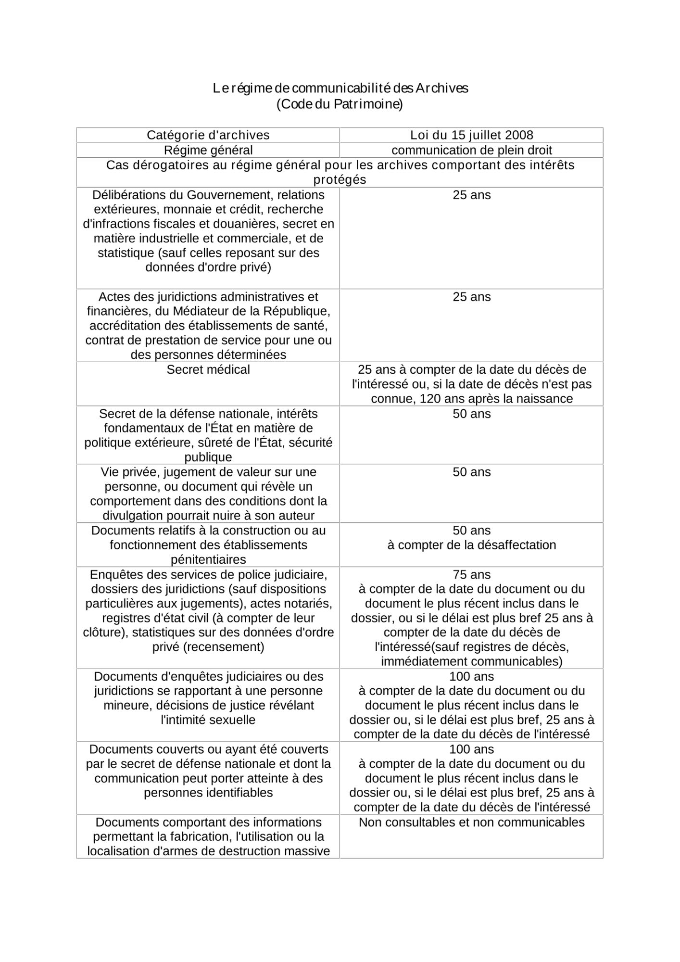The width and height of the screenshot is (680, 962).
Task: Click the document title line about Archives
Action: click(340, 89)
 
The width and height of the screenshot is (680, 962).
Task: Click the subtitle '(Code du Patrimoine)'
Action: click(340, 104)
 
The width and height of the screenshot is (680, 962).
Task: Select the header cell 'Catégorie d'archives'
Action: click(208, 135)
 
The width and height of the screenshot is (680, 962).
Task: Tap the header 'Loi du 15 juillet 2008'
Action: click(471, 135)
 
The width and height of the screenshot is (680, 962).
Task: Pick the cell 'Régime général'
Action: click(208, 150)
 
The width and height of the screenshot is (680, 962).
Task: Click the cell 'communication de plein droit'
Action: click(471, 150)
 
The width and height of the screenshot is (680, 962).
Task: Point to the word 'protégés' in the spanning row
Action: click(340, 180)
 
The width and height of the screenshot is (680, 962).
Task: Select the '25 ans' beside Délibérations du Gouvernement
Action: click(471, 195)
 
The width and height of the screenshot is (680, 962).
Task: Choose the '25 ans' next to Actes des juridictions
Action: click(471, 297)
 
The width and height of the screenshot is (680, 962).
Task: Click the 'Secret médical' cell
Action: click(208, 369)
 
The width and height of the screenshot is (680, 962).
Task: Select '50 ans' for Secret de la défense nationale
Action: click(471, 414)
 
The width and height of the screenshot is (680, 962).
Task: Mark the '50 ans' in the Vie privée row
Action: click(471, 472)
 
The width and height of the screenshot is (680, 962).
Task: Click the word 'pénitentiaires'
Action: click(208, 559)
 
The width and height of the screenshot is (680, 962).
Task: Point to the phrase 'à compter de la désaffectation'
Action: click(471, 545)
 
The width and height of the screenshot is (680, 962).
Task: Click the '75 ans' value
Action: click(471, 575)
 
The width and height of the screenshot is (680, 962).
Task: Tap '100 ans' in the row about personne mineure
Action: click(471, 676)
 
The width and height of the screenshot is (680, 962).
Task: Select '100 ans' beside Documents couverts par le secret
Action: click(471, 749)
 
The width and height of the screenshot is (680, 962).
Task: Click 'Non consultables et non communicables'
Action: click(471, 822)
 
